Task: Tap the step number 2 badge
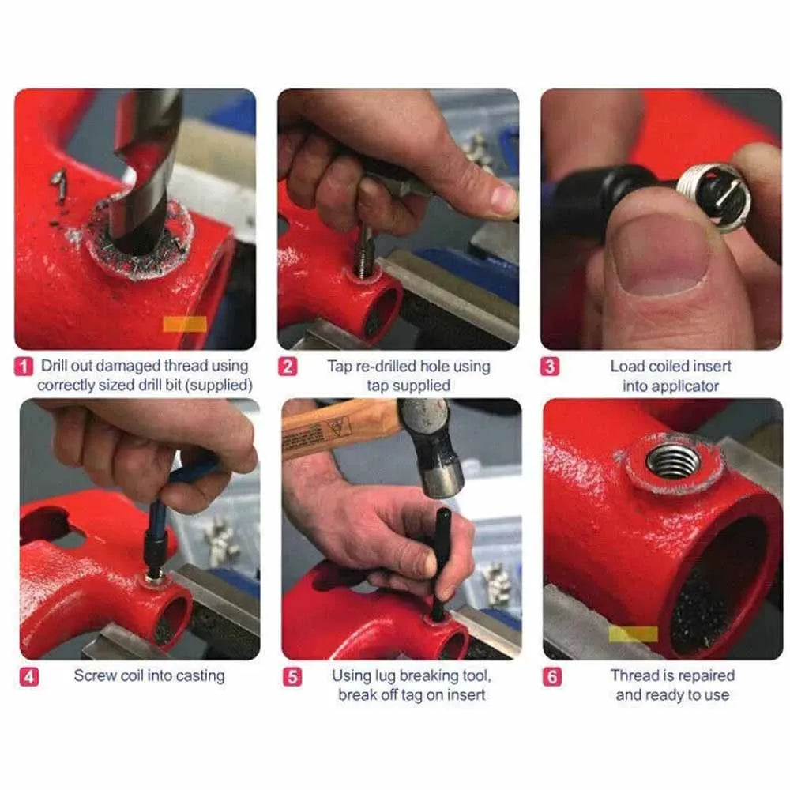point(288,367)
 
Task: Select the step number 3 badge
point(551,367)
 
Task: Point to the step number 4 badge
point(29,676)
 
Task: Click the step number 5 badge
point(292,677)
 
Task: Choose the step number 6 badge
point(554,677)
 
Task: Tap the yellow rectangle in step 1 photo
point(184,325)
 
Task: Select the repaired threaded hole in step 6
point(672,461)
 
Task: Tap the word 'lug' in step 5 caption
point(383,676)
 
